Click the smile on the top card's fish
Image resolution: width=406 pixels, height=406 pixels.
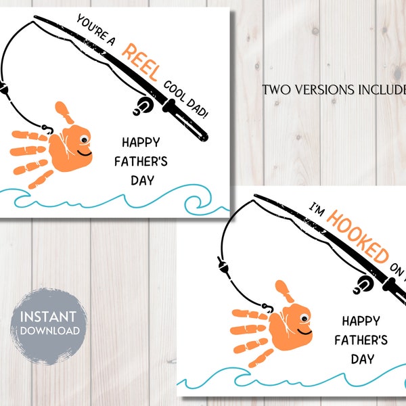point(86,153)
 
